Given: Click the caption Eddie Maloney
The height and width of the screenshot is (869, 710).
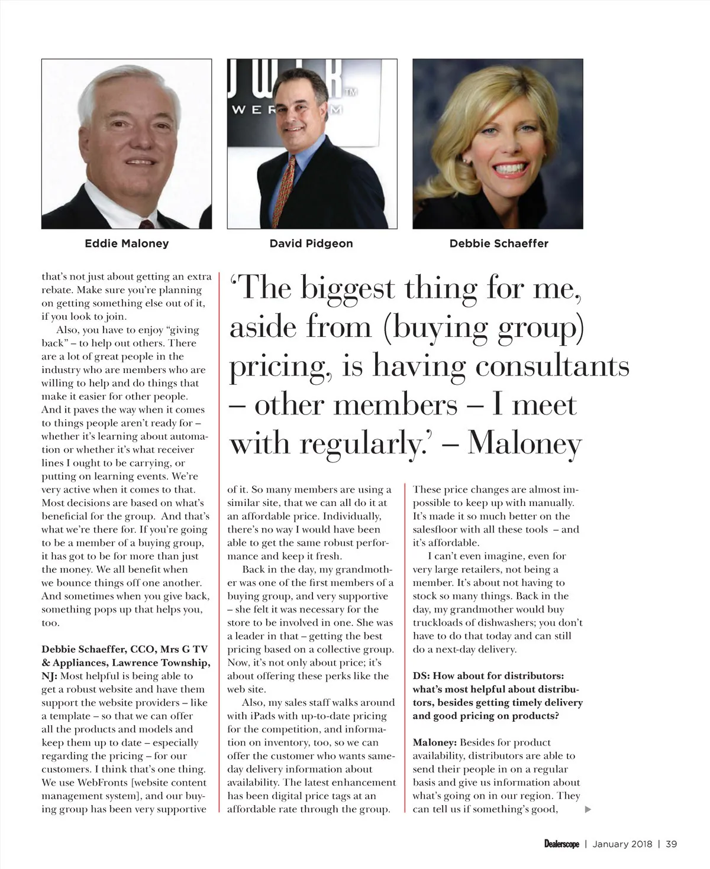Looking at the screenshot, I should pyautogui.click(x=127, y=243).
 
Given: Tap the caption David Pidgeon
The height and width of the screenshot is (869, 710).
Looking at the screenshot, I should pyautogui.click(x=311, y=243).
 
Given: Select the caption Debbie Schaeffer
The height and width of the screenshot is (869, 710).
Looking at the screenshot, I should pyautogui.click(x=498, y=243).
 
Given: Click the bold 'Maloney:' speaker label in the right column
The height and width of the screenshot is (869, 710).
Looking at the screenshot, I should pyautogui.click(x=435, y=742).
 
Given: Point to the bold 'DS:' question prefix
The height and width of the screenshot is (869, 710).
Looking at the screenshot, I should pyautogui.click(x=422, y=676).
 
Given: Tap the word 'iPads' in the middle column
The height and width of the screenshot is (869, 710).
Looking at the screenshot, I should pyautogui.click(x=253, y=716).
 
